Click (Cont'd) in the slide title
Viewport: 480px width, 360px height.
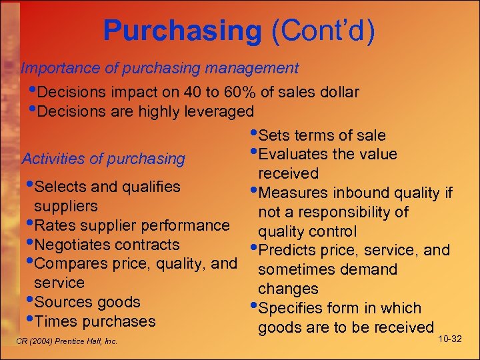[x=323, y=30]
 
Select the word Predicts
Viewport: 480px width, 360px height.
[x=289, y=251]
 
